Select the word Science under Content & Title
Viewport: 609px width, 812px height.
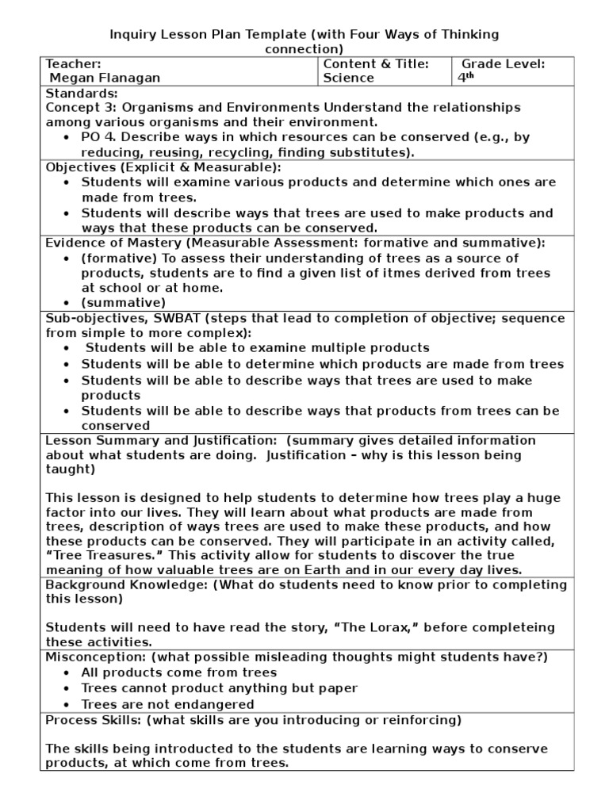pyautogui.click(x=348, y=78)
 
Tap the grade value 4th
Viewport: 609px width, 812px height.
pyautogui.click(x=465, y=78)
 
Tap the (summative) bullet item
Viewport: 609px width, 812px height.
pyautogui.click(x=124, y=303)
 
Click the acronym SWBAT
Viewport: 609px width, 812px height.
pyautogui.click(x=180, y=318)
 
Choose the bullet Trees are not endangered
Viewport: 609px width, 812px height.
pyautogui.click(x=167, y=703)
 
